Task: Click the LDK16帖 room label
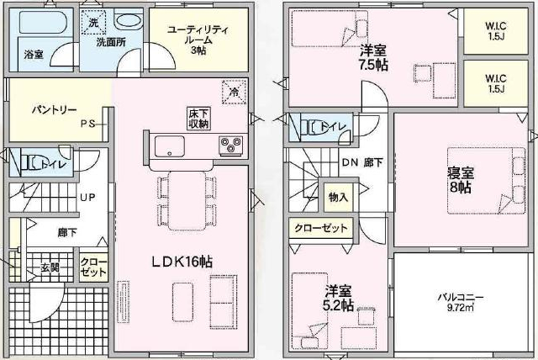coord(182,262)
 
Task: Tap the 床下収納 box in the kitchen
coord(198,119)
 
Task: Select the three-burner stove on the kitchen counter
coord(230,146)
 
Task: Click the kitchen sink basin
coord(170,146)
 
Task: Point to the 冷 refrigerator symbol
coord(235,92)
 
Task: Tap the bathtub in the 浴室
coord(43,23)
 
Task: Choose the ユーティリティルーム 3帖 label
coord(198,40)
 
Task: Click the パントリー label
coord(54,110)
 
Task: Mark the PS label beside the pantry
coord(87,124)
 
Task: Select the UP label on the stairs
coord(87,198)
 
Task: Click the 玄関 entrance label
coord(50,267)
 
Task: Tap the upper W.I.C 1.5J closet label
coord(496,31)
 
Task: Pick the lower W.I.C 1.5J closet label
coord(496,83)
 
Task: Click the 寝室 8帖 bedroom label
coord(461,180)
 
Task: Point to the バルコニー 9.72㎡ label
coord(461,302)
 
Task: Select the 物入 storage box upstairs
coord(338,198)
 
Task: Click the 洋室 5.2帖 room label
coord(338,298)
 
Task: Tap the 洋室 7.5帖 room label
coord(373,58)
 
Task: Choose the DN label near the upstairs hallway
coord(350,162)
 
